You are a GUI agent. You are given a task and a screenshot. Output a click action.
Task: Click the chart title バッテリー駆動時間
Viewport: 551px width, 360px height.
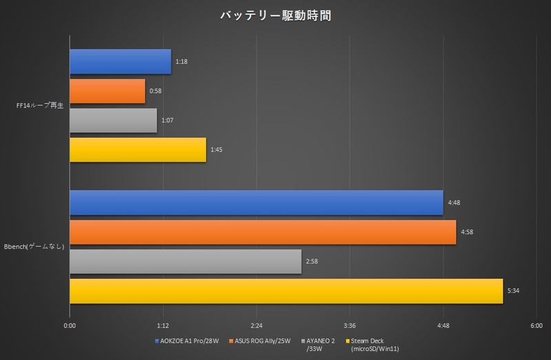(x=275, y=15)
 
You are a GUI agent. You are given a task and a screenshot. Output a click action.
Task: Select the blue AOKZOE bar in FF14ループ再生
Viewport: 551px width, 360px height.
(x=120, y=61)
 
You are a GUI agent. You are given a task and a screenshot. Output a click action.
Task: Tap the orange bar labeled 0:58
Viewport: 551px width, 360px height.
(x=107, y=91)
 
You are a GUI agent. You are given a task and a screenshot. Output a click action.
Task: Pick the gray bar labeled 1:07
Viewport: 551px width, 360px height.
(x=113, y=120)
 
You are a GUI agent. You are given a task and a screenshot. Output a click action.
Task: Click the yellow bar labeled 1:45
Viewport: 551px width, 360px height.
(x=138, y=149)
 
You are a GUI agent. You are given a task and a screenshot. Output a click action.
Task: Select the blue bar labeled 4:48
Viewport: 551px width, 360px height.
(x=256, y=203)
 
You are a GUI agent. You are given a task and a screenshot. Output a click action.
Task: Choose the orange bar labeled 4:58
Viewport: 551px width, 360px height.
(x=262, y=232)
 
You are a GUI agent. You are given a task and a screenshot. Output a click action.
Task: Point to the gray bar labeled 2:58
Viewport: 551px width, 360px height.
(x=185, y=261)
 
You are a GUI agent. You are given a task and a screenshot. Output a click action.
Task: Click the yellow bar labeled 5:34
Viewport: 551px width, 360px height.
(x=286, y=290)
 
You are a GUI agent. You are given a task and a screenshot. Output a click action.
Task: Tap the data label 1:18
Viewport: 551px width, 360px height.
(x=182, y=62)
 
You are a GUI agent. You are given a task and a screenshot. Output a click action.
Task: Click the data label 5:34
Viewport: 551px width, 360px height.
(x=513, y=291)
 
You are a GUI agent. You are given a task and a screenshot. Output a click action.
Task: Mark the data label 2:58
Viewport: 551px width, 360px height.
(x=311, y=262)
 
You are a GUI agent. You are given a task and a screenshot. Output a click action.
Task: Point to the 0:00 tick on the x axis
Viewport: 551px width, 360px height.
(x=70, y=326)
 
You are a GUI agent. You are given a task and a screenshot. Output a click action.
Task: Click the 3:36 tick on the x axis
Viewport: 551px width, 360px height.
(x=349, y=326)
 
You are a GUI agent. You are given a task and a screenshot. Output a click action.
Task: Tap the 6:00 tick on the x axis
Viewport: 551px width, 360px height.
(x=536, y=326)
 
